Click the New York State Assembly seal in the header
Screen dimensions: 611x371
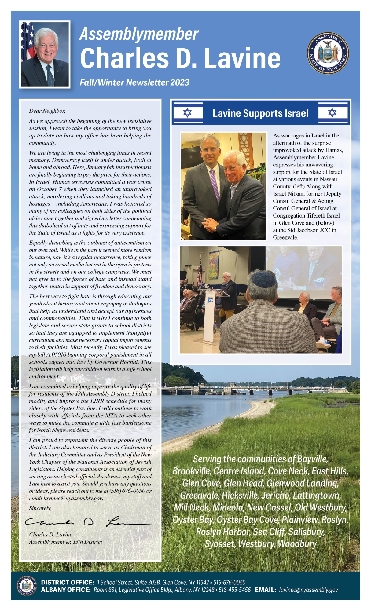pyautogui.click(x=328, y=53)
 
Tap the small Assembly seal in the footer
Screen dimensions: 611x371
pyautogui.click(x=26, y=585)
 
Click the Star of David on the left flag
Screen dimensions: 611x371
pyautogui.click(x=187, y=113)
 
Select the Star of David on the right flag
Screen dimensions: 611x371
pyautogui.click(x=332, y=113)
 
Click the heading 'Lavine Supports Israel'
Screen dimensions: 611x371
pyautogui.click(x=260, y=113)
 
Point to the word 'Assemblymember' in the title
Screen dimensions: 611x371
pyautogui.click(x=139, y=34)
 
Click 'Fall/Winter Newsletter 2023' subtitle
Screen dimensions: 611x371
pyautogui.click(x=134, y=82)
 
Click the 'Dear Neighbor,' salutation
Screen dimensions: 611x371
pyautogui.click(x=47, y=111)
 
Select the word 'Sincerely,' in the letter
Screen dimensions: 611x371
pyautogui.click(x=40, y=508)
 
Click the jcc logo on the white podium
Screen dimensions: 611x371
pyautogui.click(x=210, y=300)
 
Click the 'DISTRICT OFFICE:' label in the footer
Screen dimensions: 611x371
pyautogui.click(x=68, y=582)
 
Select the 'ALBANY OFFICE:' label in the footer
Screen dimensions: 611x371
pyautogui.click(x=66, y=590)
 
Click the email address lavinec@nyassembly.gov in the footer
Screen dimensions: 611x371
pyautogui.click(x=308, y=590)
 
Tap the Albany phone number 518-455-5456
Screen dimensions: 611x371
pyautogui.click(x=234, y=590)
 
